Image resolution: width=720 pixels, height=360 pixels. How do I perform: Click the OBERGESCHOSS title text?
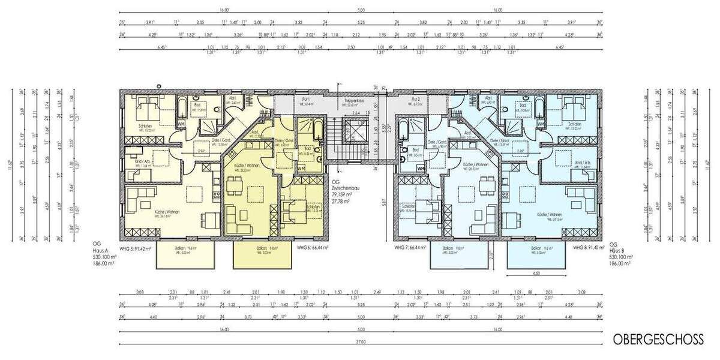tap(658, 340)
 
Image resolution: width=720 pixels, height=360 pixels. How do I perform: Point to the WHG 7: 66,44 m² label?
tap(410, 247)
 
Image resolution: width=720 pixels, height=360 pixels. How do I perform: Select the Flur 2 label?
tap(415, 98)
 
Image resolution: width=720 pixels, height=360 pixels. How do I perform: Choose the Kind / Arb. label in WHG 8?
tap(583, 163)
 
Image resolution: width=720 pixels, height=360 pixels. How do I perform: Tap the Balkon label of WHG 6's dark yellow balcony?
tap(261, 248)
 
